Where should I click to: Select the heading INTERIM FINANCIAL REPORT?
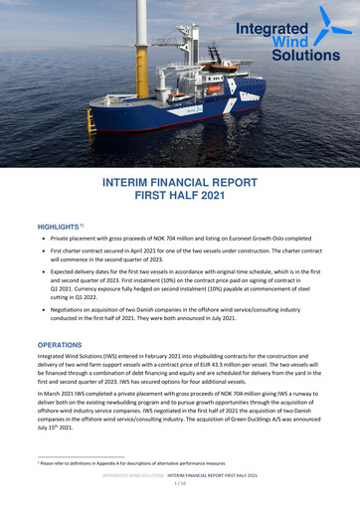181,184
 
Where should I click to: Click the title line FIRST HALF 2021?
181,198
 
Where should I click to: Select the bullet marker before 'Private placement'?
42,240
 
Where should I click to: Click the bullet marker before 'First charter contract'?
42,254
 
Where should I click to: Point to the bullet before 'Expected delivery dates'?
42,277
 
